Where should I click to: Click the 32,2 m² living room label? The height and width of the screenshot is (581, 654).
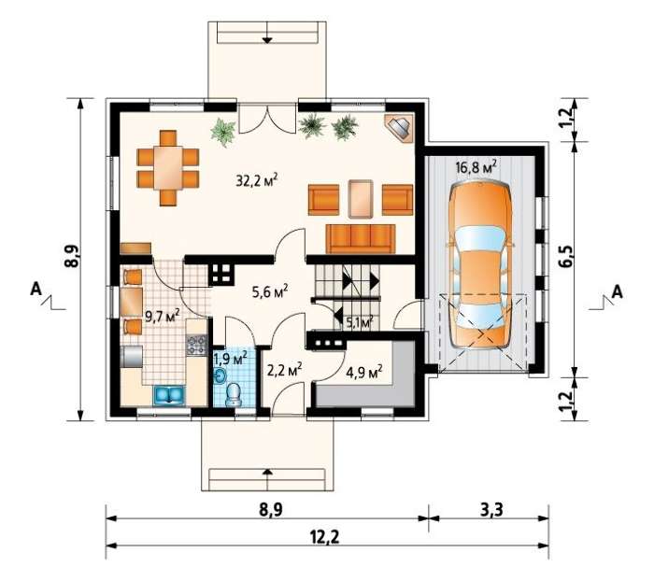257,180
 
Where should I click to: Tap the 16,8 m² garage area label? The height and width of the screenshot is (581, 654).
476,167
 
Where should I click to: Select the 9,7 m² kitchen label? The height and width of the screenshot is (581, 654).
163,316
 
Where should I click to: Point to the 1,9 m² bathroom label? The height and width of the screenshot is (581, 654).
230,358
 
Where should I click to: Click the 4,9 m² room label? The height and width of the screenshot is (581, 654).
364,371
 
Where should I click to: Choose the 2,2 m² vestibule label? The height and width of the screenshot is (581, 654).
284,370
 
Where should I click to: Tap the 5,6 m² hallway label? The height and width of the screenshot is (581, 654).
270,292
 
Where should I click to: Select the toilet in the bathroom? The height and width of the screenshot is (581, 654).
234,394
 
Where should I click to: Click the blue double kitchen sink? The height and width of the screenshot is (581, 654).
169,395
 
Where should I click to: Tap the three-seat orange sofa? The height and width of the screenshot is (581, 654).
361,238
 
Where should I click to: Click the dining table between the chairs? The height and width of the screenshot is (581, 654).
168,167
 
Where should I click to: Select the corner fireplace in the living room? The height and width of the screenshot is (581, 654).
399,128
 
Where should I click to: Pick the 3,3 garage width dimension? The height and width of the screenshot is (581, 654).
491,509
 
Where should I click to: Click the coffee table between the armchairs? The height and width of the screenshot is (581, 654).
361,199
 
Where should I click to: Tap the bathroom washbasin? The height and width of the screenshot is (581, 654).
220,376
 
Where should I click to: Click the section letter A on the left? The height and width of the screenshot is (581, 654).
36,289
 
